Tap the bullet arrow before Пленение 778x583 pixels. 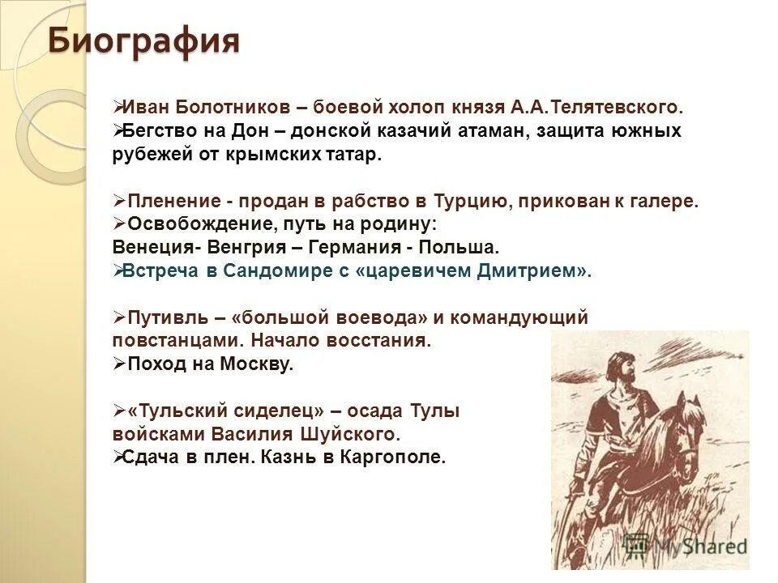pyautogui.click(x=118, y=200)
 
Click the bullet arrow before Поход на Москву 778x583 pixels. pyautogui.click(x=118, y=364)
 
